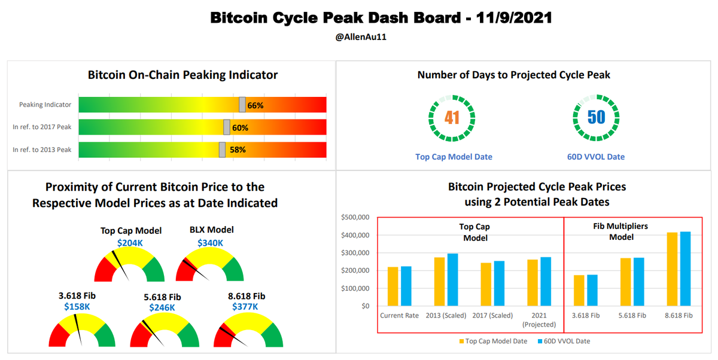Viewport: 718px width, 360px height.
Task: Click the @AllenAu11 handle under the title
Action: coord(360,37)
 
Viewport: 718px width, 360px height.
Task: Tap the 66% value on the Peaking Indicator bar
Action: coord(255,105)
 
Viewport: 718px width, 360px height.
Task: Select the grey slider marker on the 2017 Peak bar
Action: coord(227,127)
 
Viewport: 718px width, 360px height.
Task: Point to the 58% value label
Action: coord(238,150)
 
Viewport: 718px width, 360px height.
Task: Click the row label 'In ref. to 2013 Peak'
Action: coord(42,150)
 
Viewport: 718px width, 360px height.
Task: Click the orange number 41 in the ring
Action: coord(452,117)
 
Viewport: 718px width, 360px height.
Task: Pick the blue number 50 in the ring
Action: coord(596,117)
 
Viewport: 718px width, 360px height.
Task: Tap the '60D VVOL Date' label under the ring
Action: coord(596,157)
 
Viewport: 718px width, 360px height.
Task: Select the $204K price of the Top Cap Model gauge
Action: coord(130,243)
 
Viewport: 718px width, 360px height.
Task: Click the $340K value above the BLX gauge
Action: coord(211,243)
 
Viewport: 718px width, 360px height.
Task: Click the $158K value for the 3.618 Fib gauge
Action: coord(77,307)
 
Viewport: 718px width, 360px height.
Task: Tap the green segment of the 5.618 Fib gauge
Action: coord(190,334)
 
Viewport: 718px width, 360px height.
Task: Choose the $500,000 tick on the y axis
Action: coord(356,217)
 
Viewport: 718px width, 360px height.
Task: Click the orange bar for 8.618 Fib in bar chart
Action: coord(672,269)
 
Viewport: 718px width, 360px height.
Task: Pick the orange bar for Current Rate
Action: coord(393,286)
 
